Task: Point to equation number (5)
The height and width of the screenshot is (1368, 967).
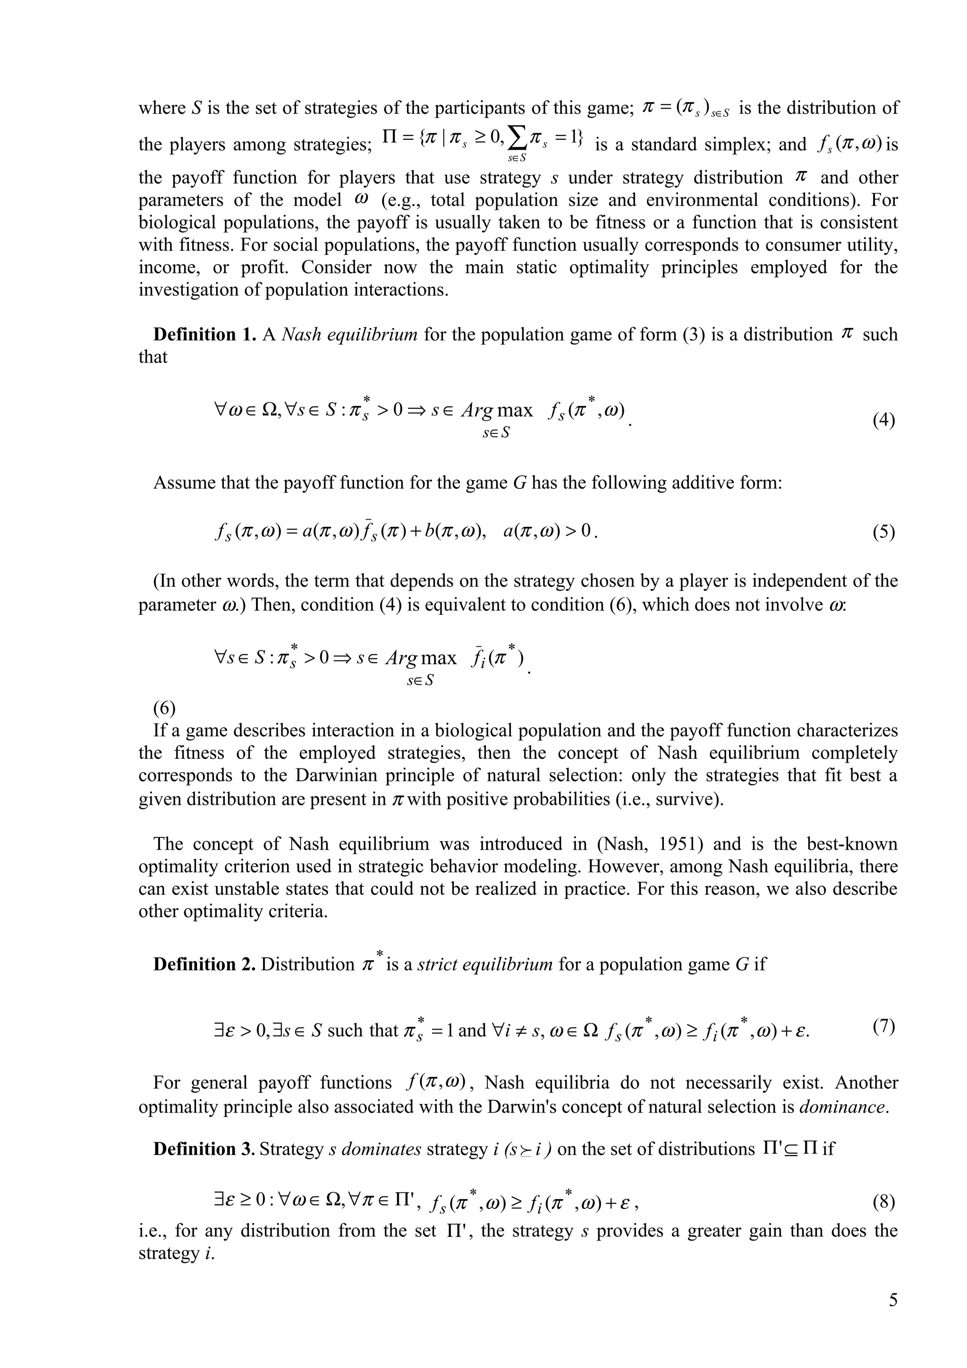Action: (883, 532)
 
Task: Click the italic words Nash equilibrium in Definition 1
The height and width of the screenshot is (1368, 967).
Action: (348, 334)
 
